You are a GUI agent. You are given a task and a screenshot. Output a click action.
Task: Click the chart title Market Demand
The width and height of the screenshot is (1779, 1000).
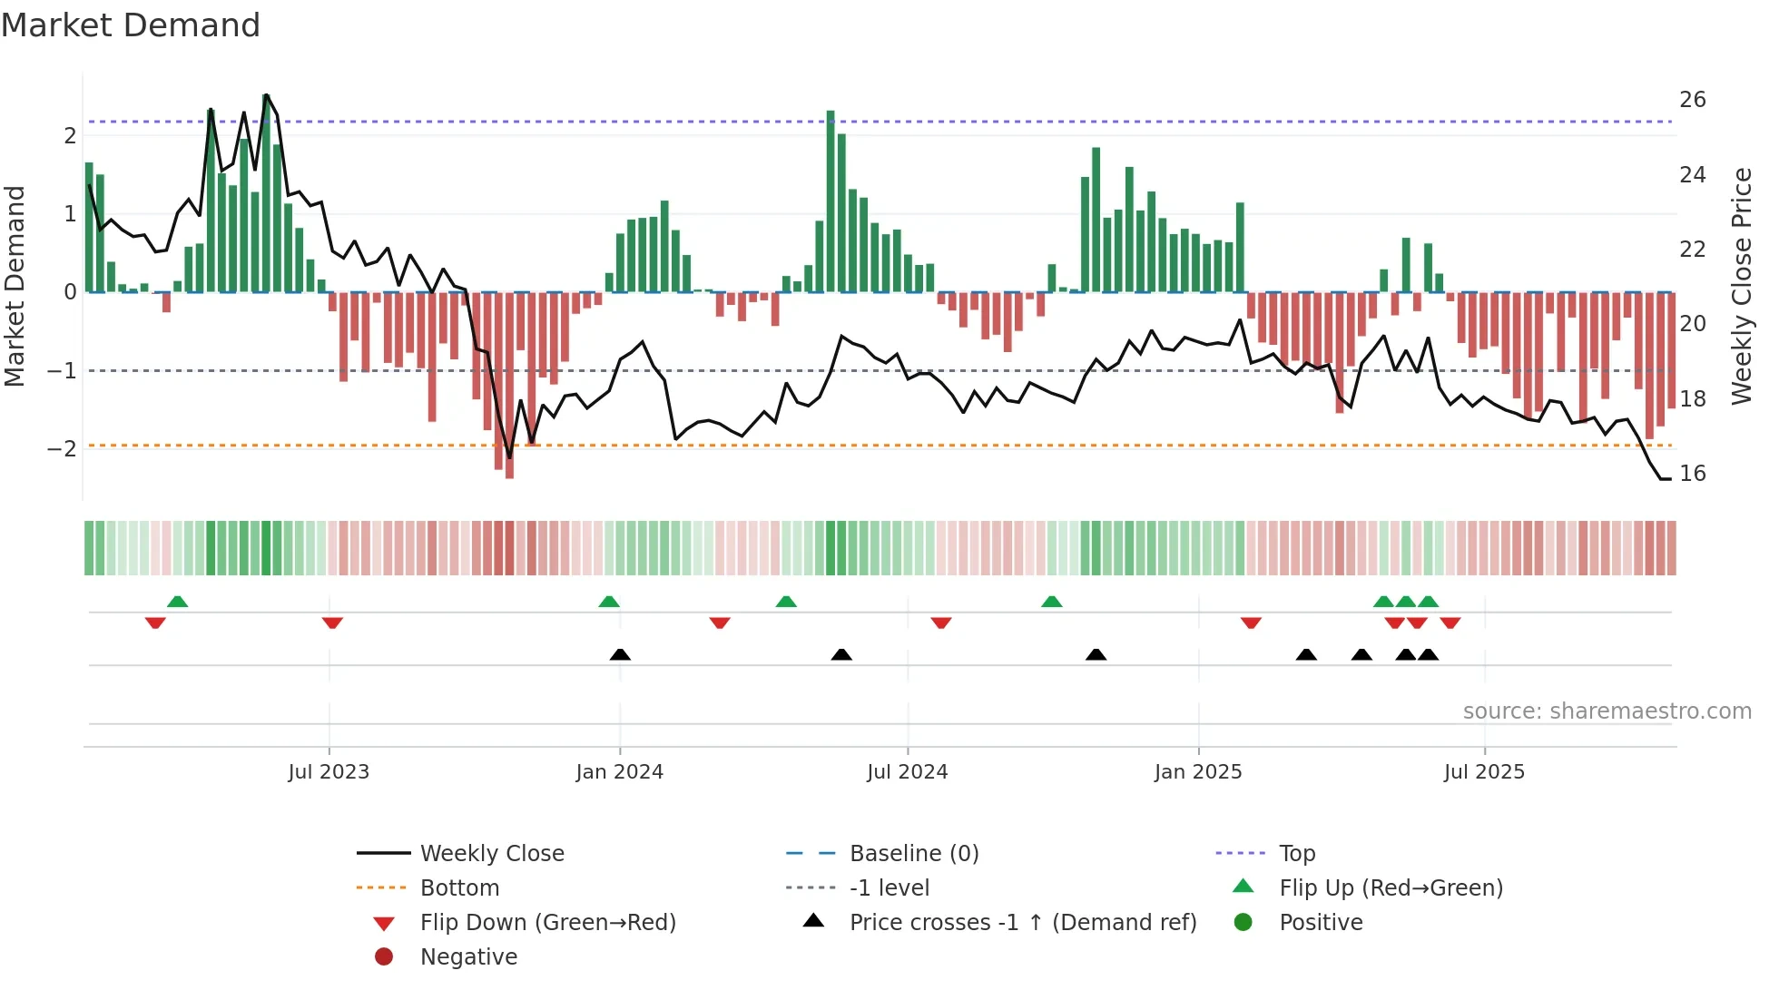pos(131,25)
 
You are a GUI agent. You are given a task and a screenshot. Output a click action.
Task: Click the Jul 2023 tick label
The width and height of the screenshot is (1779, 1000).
pos(329,772)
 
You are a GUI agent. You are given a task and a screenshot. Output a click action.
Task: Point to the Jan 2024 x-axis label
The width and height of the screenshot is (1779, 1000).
pos(619,772)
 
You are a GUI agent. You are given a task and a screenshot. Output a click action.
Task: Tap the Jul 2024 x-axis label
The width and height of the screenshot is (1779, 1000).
pos(907,772)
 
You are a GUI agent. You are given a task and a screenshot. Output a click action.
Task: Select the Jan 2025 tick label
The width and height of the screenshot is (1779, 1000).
pos(1198,772)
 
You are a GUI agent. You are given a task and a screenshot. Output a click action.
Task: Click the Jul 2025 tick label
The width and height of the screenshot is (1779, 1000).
pos(1484,772)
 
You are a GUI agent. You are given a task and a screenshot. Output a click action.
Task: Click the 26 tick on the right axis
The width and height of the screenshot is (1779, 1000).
pos(1692,100)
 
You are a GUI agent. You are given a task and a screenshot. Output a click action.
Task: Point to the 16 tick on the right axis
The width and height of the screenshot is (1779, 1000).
pos(1692,474)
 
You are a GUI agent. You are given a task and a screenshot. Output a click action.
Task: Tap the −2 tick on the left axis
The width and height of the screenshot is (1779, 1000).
pos(62,449)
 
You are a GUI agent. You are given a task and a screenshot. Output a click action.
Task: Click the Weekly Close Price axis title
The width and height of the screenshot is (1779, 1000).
pos(1741,286)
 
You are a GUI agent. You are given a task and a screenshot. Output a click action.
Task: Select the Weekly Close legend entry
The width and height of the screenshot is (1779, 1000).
pos(491,854)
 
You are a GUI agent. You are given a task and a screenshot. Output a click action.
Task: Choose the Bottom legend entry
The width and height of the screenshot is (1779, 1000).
pos(459,888)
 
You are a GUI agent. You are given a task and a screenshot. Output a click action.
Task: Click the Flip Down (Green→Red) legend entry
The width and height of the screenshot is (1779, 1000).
pos(547,923)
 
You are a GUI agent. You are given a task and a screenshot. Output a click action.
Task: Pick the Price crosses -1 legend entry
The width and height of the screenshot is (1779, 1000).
pos(1022,923)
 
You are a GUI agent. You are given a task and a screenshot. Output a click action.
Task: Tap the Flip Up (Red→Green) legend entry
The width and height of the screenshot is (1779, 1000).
pos(1391,888)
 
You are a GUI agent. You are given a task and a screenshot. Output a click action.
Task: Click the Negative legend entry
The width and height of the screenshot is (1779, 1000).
pos(468,957)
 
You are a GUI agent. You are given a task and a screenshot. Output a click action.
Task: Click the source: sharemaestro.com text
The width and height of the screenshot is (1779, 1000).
pos(1607,711)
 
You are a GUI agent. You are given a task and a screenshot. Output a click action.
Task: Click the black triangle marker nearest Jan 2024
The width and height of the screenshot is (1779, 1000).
pos(620,654)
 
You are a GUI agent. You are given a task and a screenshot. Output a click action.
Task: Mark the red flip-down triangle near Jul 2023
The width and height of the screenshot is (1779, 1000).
pos(332,623)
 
